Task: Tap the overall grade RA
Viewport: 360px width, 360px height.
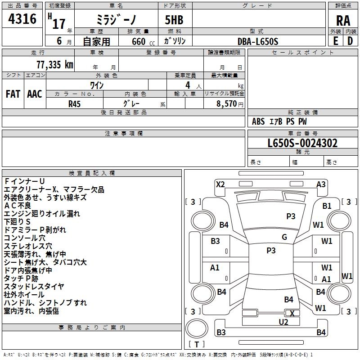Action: pyautogui.click(x=343, y=21)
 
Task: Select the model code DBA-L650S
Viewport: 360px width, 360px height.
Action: pyautogui.click(x=258, y=41)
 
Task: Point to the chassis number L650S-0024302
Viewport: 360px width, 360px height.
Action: pyautogui.click(x=302, y=143)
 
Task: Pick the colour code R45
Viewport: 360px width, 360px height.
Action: pyautogui.click(x=75, y=103)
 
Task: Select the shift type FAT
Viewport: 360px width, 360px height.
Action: pyautogui.click(x=13, y=94)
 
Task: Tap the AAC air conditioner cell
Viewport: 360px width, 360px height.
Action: pyautogui.click(x=35, y=94)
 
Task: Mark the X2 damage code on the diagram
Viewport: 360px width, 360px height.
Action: pyautogui.click(x=220, y=184)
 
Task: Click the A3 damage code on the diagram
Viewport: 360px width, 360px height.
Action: pyautogui.click(x=321, y=184)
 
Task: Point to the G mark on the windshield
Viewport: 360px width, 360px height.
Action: pyautogui.click(x=284, y=237)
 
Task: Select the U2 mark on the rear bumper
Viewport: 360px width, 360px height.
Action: pyautogui.click(x=283, y=322)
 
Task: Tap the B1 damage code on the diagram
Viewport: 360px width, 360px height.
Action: pyautogui.click(x=327, y=206)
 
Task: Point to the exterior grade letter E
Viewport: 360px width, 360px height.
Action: pyautogui.click(x=335, y=41)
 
